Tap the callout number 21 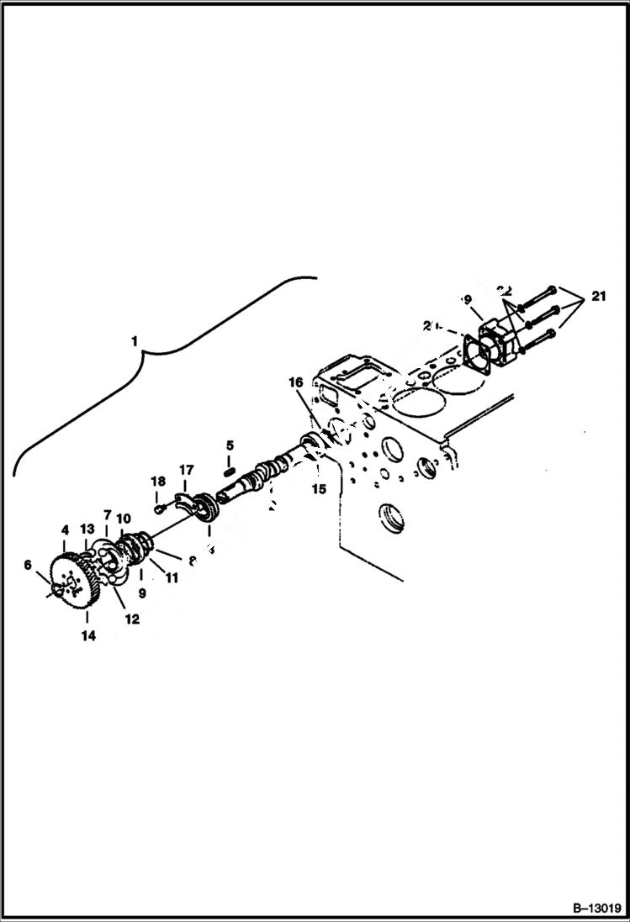tap(598, 297)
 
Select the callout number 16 tap(296, 382)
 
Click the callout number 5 tap(229, 445)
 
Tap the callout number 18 tap(157, 481)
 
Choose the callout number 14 tap(88, 636)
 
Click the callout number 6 tap(29, 566)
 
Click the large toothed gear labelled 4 tap(74, 580)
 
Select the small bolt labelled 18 tap(157, 508)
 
